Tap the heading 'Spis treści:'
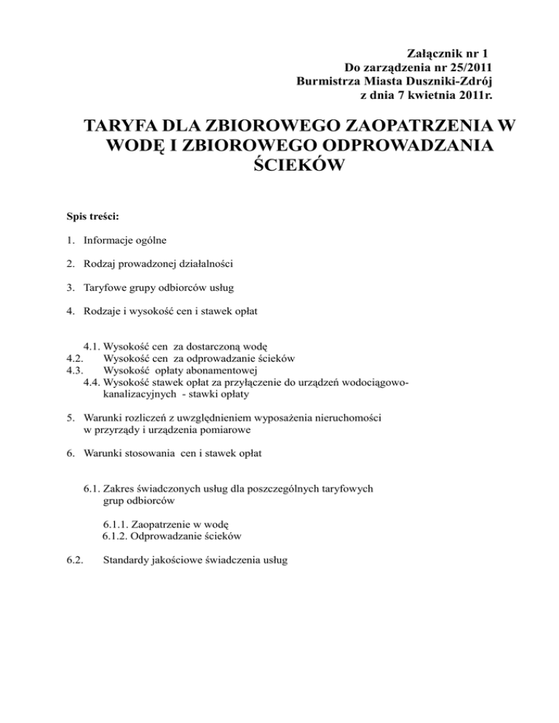[x=92, y=216]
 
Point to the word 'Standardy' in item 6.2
[x=127, y=561]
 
